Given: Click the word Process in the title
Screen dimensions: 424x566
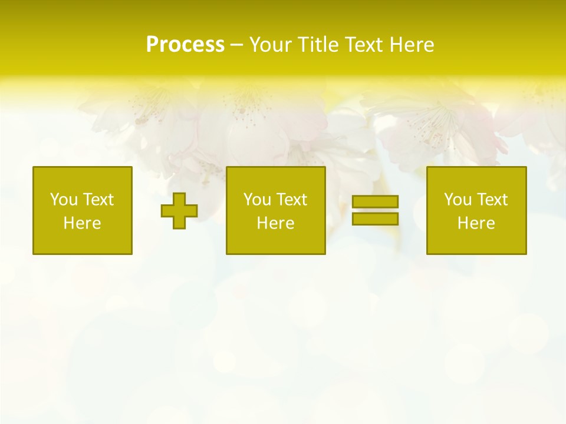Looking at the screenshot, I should point(185,45).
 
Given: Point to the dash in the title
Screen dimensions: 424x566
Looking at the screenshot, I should point(236,45).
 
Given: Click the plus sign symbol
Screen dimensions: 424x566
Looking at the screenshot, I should point(179,211).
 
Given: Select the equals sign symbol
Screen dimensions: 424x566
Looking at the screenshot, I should point(375,210).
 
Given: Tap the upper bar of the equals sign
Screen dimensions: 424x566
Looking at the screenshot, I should point(375,202).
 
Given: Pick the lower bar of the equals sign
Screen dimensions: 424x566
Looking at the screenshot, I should point(375,218).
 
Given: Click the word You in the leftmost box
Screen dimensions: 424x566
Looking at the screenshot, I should point(64,200).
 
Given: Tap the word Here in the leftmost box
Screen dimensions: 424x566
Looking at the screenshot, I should point(82,223).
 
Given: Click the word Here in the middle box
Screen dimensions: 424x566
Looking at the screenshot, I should point(275,223).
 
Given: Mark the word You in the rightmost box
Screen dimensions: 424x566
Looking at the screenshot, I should point(458,200).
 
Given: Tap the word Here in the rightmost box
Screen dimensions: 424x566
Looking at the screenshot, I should point(476,223).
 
